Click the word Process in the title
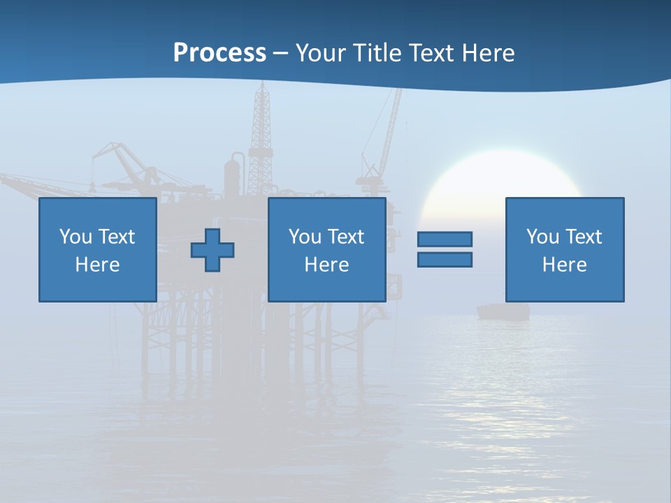click(219, 53)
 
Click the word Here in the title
click(490, 53)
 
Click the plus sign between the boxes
click(212, 249)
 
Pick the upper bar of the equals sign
click(445, 239)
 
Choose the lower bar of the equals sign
click(445, 259)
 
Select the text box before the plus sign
click(97, 249)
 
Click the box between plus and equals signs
click(326, 249)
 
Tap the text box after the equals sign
click(564, 249)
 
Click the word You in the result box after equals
click(542, 237)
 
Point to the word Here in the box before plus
click(97, 265)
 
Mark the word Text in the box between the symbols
click(346, 237)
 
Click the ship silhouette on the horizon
click(503, 312)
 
